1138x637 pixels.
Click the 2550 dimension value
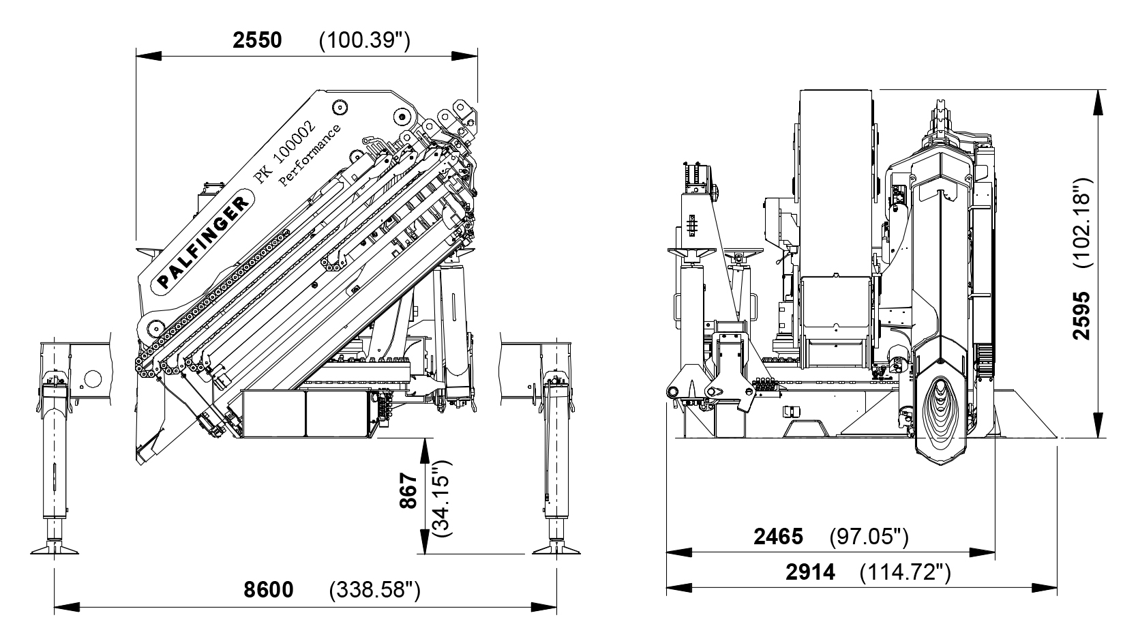point(257,40)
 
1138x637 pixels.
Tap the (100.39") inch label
point(364,41)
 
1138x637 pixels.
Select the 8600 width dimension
point(269,589)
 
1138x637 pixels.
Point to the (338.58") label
point(374,590)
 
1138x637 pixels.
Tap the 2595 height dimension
point(1082,315)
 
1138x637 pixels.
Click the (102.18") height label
point(1082,222)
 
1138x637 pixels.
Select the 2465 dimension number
point(778,537)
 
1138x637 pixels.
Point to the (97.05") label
point(869,537)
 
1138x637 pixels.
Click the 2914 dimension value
point(810,572)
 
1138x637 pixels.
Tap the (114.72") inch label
point(905,572)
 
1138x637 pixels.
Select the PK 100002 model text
point(284,150)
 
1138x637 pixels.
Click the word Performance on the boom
point(310,156)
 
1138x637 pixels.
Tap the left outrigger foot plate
point(54,550)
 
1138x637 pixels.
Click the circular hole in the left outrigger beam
point(93,379)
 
